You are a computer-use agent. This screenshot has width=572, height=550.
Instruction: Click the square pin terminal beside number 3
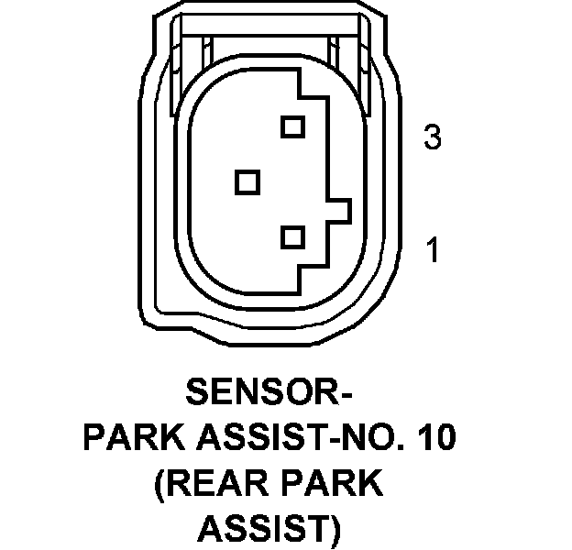(292, 126)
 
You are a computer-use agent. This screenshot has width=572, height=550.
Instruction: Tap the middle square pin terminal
(247, 181)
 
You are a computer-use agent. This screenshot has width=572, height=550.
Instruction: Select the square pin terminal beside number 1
(292, 237)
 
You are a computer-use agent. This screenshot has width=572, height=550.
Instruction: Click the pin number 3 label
(433, 139)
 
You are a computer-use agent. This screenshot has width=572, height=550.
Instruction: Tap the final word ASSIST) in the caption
(269, 528)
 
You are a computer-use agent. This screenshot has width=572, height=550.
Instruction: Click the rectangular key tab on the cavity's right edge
(340, 211)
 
